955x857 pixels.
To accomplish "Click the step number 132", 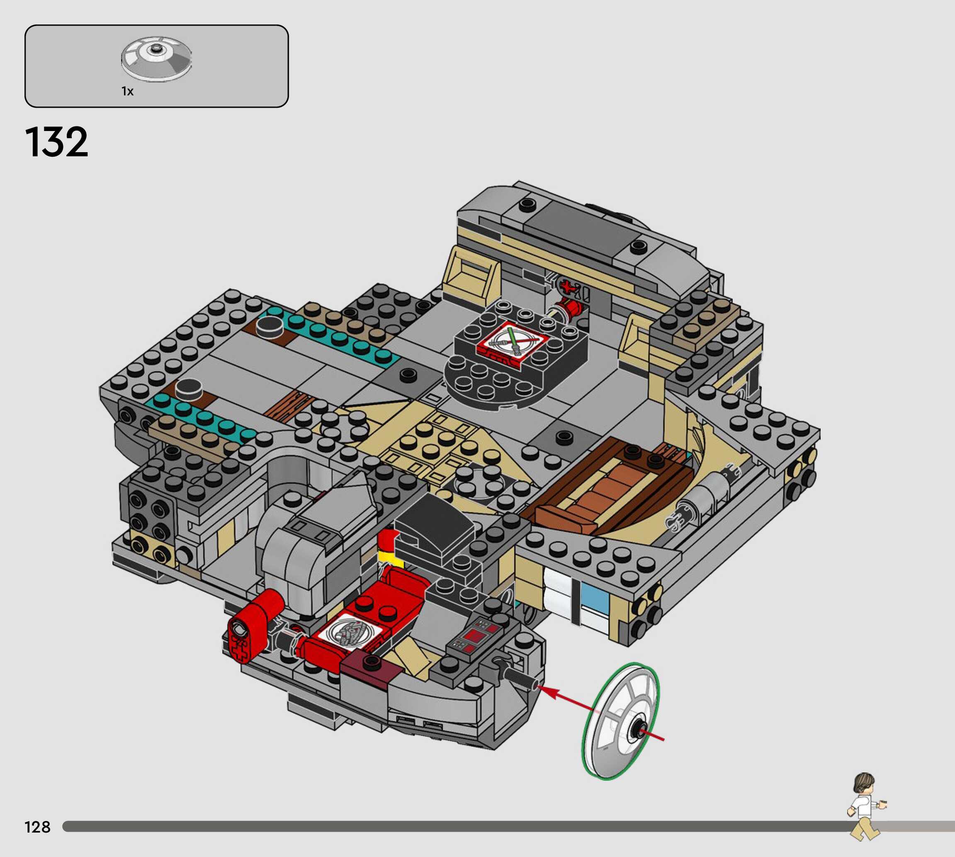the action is [56, 142].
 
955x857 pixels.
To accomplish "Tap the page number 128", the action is [37, 827].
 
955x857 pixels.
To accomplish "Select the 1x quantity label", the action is [128, 91].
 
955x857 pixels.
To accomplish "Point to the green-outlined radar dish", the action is [621, 721].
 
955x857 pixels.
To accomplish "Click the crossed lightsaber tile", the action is [513, 341].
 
